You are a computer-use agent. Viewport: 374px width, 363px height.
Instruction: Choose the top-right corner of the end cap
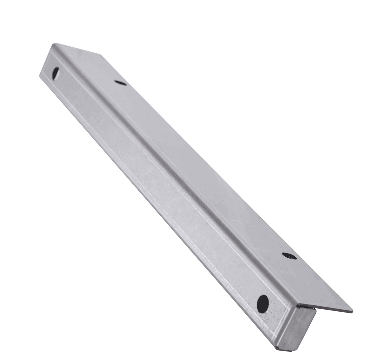tap(314, 309)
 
